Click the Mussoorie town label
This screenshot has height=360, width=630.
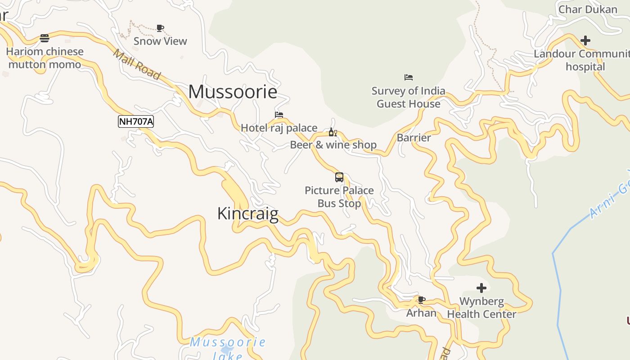point(233,92)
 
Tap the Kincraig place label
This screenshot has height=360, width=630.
point(247,213)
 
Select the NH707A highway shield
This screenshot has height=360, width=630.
point(136,121)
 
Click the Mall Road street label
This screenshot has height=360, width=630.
point(136,65)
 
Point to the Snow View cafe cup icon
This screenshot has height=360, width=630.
point(160,28)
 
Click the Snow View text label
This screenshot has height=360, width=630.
point(160,41)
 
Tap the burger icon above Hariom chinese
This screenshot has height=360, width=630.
point(45,38)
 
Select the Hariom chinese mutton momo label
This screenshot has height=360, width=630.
point(45,58)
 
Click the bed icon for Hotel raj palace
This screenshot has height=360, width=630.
point(279,115)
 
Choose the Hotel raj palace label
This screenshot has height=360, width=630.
point(279,128)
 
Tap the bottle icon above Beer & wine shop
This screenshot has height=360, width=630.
point(333,132)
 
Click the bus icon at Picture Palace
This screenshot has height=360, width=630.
point(339,177)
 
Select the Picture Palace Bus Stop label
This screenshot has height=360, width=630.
point(339,197)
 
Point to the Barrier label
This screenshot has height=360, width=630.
point(414,138)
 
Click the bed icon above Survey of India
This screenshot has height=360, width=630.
point(409,77)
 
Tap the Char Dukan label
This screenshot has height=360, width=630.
point(588,9)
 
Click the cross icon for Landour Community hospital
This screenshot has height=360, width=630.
point(585,40)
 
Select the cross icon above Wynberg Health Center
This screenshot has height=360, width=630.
point(481,288)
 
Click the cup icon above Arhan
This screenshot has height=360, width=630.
point(421,300)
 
